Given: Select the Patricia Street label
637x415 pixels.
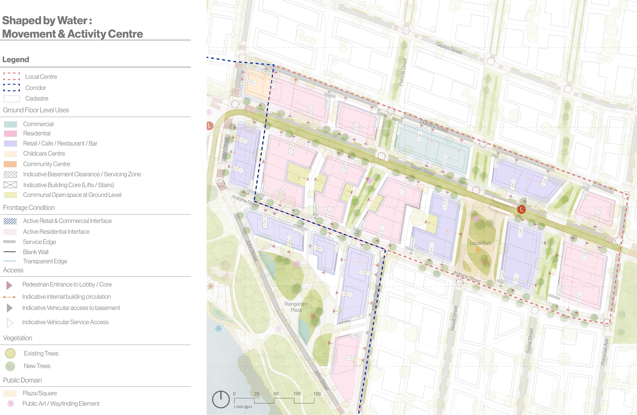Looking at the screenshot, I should coord(403,72).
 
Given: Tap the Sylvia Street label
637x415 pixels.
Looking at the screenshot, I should coord(530,341).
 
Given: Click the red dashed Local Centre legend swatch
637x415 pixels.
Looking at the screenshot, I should coord(12,76).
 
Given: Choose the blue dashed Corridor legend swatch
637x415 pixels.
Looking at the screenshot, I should coord(12,88).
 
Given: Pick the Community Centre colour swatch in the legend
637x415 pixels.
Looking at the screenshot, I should coord(10,164).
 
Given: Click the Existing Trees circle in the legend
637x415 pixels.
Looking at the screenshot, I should coord(10,353).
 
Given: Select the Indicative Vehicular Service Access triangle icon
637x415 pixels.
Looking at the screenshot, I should coord(10,323).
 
